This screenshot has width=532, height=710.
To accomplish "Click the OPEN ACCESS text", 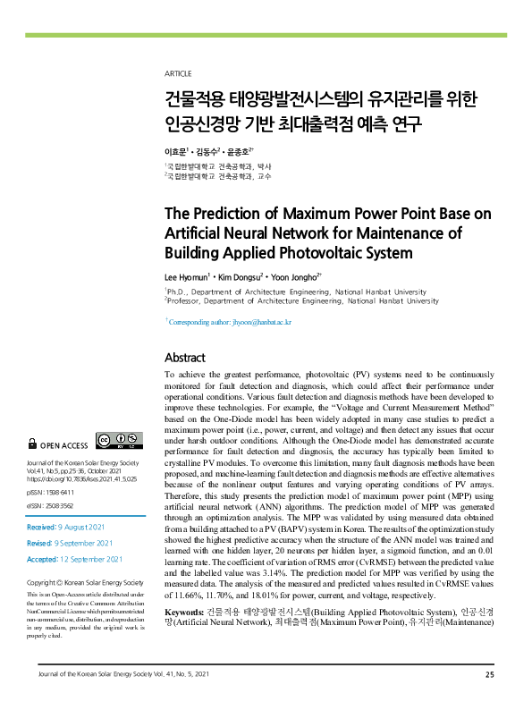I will [63, 444].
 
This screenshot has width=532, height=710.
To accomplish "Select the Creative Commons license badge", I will [120, 440].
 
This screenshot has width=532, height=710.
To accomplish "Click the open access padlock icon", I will [34, 444].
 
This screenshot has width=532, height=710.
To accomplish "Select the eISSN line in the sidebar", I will [54, 505].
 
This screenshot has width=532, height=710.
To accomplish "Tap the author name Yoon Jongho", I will [294, 278].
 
